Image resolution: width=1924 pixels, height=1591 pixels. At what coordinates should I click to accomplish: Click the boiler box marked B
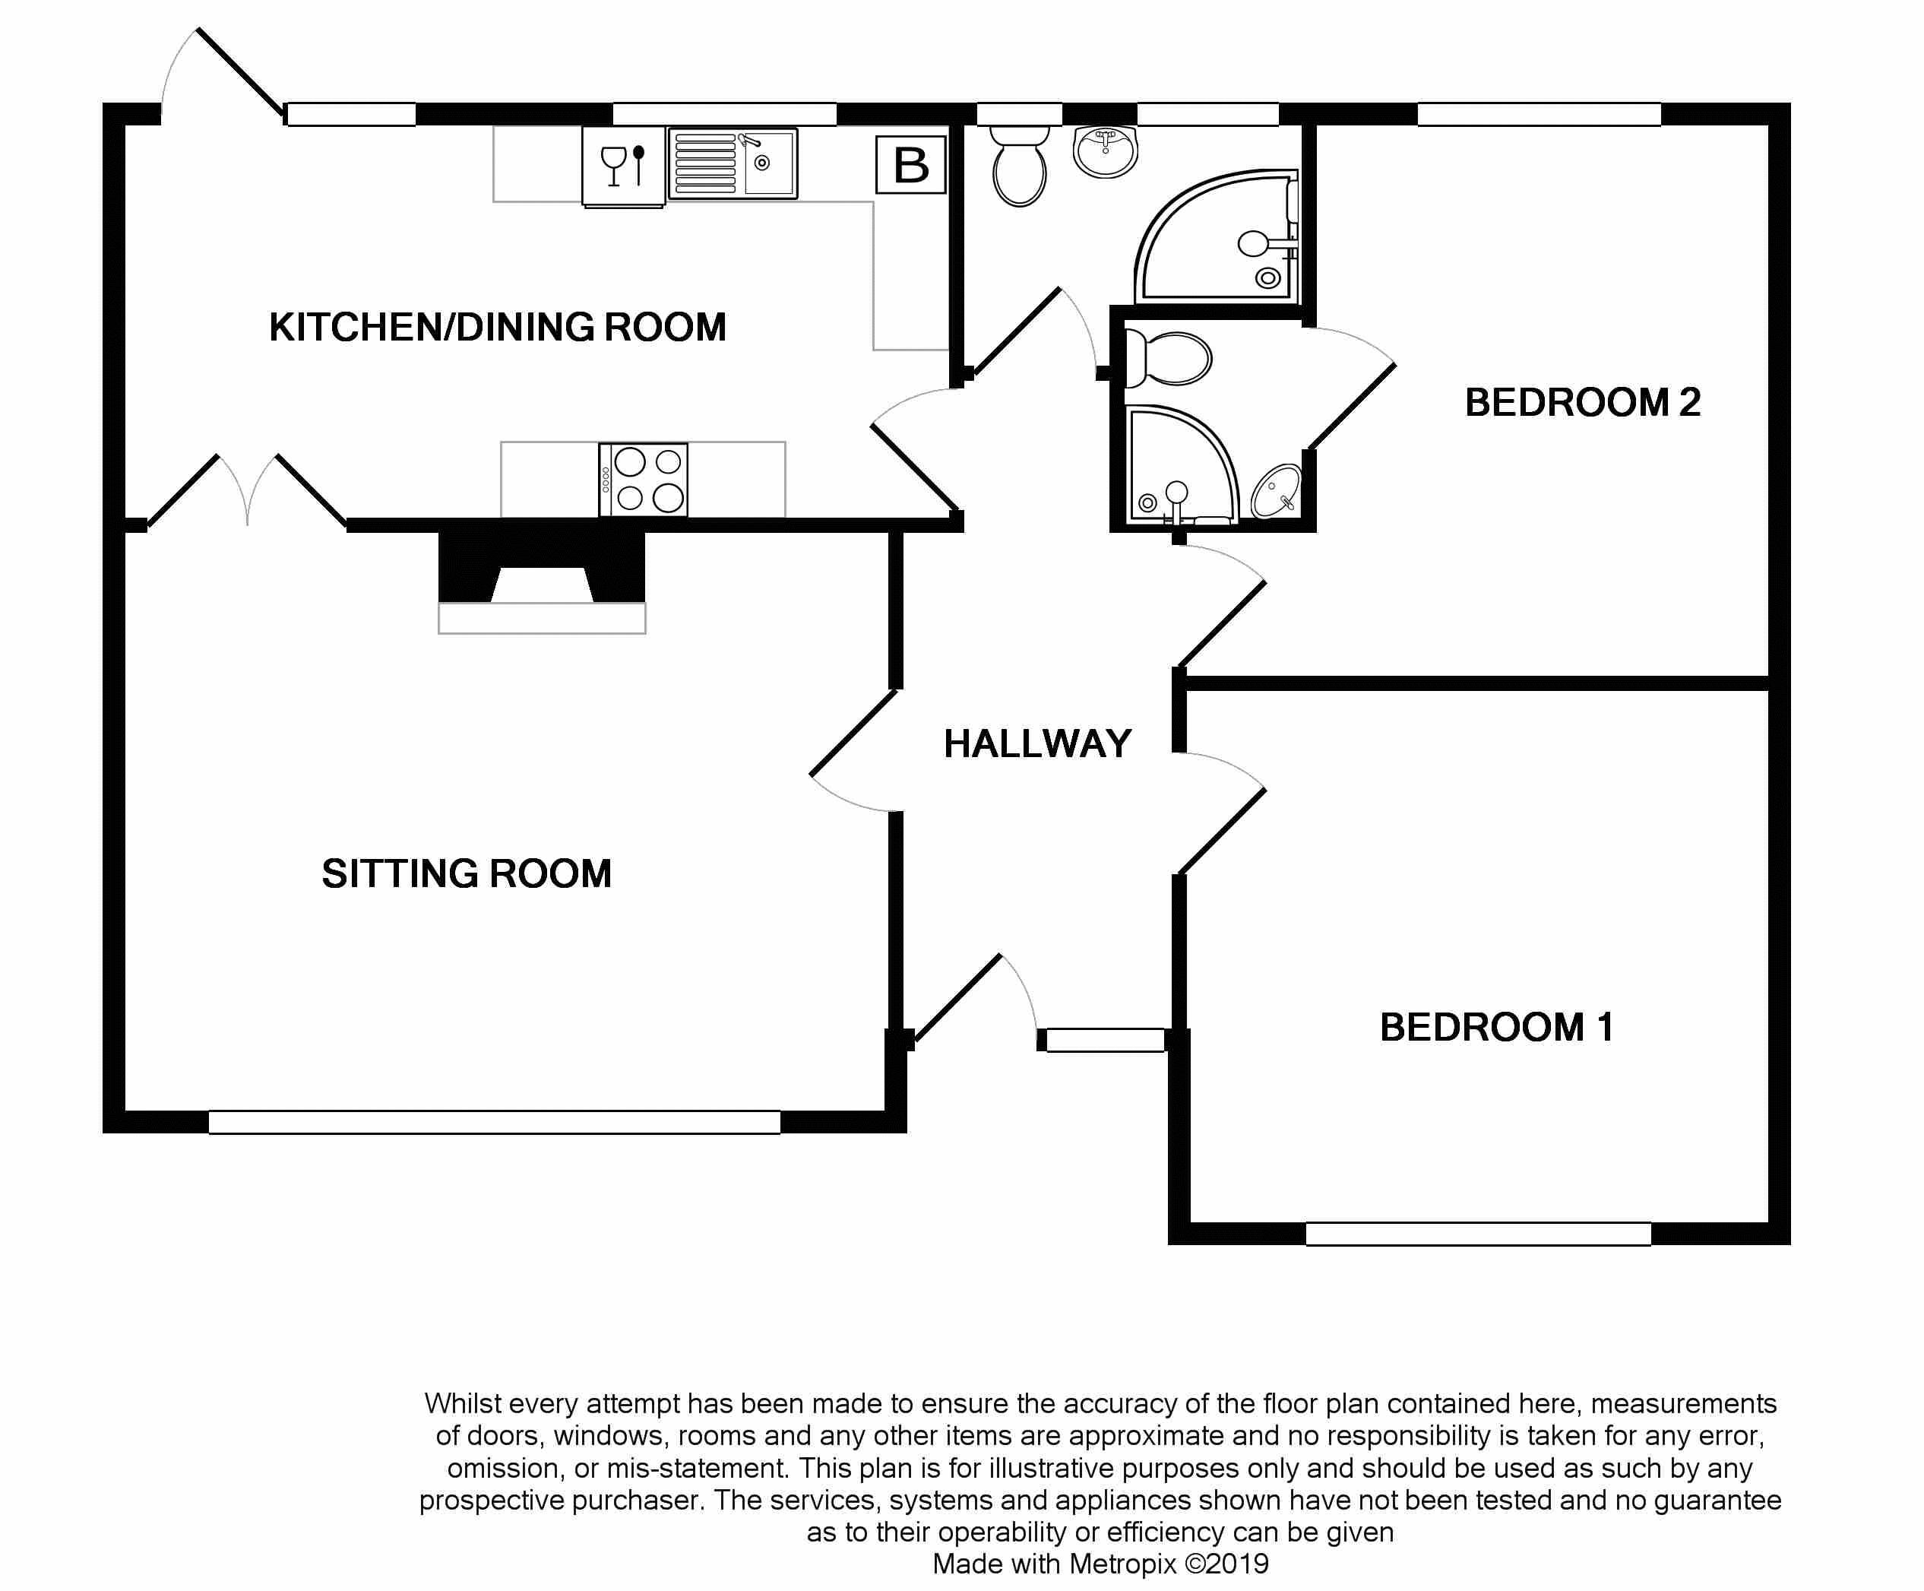(x=910, y=165)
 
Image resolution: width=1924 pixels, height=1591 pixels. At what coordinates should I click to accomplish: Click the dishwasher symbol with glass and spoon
(x=623, y=166)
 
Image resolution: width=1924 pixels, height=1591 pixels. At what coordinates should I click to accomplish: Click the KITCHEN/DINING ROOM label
(x=498, y=327)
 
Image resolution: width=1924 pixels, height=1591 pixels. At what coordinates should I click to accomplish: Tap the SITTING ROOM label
(x=467, y=873)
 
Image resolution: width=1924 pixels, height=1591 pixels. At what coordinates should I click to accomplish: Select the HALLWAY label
(x=1037, y=743)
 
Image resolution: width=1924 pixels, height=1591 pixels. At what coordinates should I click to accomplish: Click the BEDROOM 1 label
(x=1496, y=1028)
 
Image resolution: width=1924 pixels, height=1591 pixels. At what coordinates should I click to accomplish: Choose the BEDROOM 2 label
(x=1582, y=402)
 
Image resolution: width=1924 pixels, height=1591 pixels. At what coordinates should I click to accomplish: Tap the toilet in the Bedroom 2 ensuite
(x=1168, y=358)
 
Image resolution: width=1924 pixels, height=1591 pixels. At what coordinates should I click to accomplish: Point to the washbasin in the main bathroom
(x=1105, y=151)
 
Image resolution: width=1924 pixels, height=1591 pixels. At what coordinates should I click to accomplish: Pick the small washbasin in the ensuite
(x=1277, y=491)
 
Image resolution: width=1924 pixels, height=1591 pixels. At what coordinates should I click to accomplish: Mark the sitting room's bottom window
(x=494, y=1122)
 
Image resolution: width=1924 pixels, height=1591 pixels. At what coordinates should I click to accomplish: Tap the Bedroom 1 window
(x=1478, y=1234)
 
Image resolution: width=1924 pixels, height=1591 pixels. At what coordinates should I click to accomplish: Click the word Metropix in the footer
(x=1122, y=1564)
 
